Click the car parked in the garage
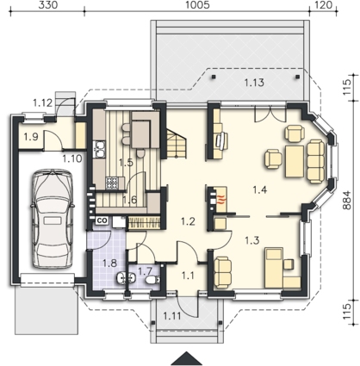tap(53, 219)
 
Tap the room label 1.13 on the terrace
tap(254, 83)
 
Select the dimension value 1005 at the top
tap(197, 5)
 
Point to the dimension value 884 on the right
tap(347, 200)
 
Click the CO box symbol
tap(102, 220)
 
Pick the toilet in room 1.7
tap(152, 279)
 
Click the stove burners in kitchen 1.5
tap(112, 183)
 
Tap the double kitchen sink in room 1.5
tap(100, 149)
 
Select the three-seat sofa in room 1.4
tap(316, 161)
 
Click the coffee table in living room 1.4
tap(295, 161)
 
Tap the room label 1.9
tap(31, 137)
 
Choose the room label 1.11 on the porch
tap(172, 316)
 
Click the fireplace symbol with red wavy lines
tap(220, 199)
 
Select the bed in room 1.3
tap(274, 268)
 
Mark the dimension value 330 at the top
tap(48, 5)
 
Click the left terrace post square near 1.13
tap(214, 77)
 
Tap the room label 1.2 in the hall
tap(188, 221)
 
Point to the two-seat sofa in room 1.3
tap(222, 272)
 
